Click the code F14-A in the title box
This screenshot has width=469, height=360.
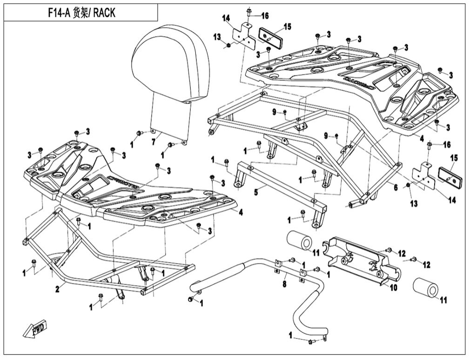(58, 13)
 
